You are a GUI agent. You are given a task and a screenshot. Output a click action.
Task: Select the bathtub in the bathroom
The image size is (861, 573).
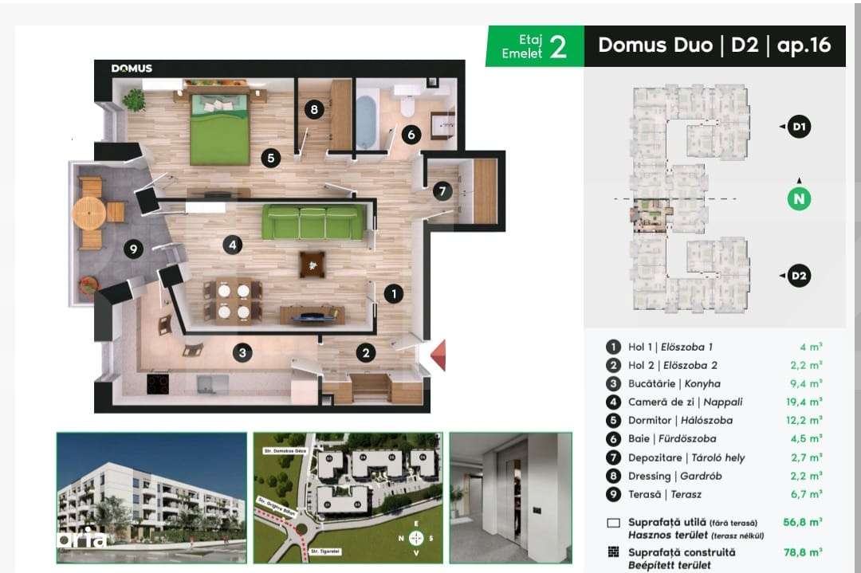point(366,121)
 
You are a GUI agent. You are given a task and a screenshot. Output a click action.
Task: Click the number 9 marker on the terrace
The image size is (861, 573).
point(134,249)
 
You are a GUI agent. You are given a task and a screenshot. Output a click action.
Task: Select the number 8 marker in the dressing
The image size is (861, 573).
point(314,110)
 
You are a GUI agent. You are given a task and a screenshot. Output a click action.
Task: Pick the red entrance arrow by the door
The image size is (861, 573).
point(437,355)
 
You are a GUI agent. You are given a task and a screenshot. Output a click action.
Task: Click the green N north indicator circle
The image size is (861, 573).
point(799,198)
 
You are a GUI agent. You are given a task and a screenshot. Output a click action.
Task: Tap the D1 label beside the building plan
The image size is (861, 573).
point(799,127)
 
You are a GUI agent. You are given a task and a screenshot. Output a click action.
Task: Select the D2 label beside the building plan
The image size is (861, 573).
point(799,277)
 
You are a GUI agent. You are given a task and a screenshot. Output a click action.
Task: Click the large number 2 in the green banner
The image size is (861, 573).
point(558,47)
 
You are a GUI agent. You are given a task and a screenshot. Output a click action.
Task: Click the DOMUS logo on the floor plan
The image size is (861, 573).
point(132,69)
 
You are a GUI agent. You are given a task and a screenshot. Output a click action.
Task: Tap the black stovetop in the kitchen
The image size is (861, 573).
point(158,384)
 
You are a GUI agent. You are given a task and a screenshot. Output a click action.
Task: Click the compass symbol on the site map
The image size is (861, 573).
point(415,538)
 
